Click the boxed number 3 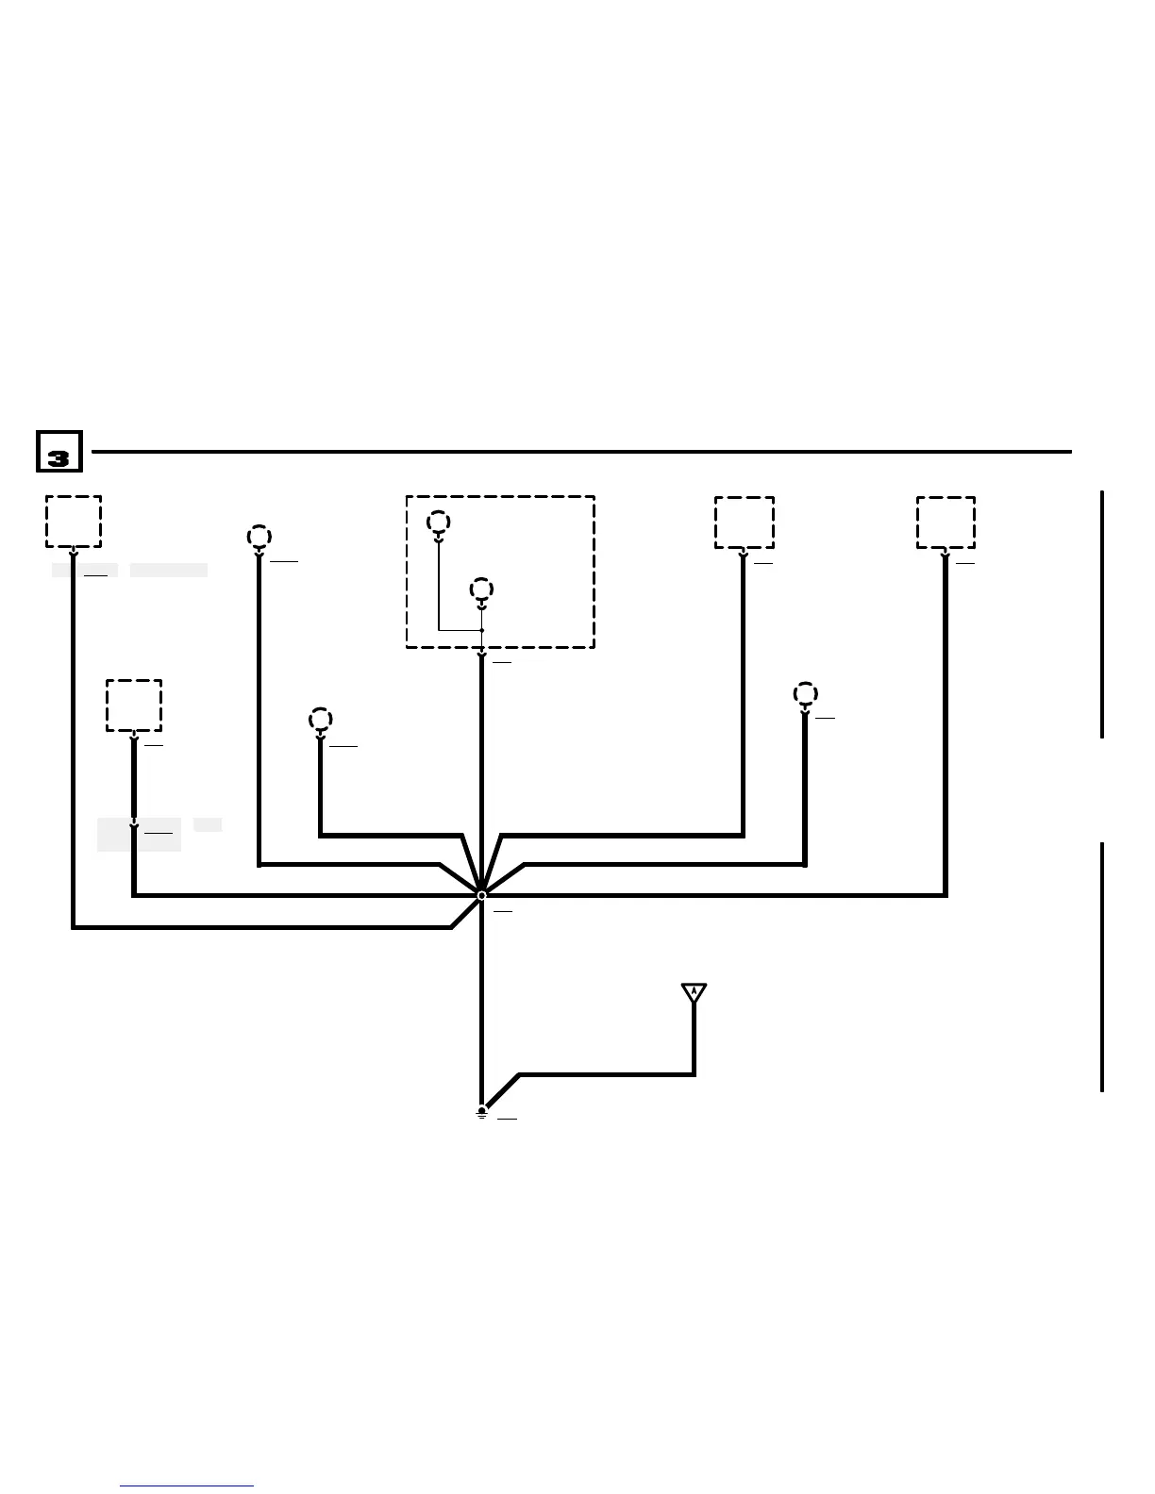click(59, 452)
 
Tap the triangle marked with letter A click(694, 992)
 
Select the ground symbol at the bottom click(481, 1112)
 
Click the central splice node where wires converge click(481, 895)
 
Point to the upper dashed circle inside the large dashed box click(438, 522)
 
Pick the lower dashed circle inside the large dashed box click(481, 589)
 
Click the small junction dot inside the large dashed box click(481, 630)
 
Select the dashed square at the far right click(946, 523)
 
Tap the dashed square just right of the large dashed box click(744, 523)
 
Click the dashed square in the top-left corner click(74, 522)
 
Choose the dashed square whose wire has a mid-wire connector click(134, 705)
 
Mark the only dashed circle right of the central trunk click(805, 694)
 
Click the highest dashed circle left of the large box click(259, 537)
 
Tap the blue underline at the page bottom click(187, 1486)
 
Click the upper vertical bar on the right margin click(1102, 613)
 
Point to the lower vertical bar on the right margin click(1102, 967)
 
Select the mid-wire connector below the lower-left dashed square click(134, 826)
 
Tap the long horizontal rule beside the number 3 click(580, 452)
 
